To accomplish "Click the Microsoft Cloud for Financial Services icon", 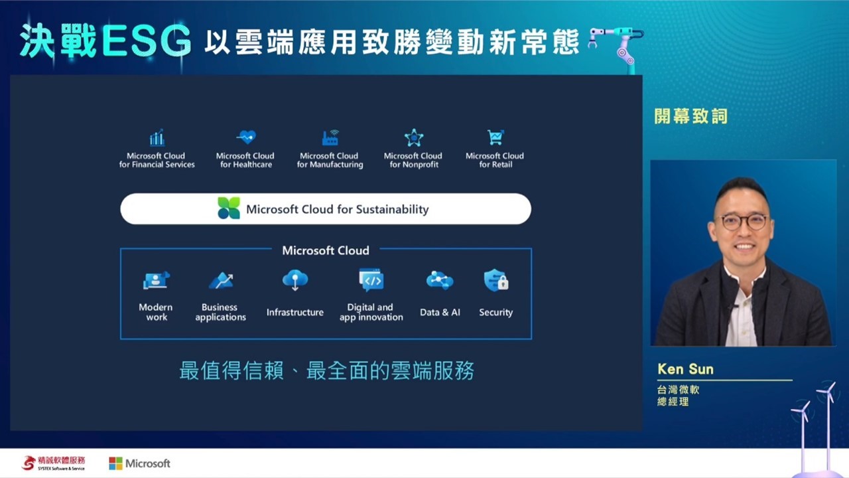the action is coord(157,137).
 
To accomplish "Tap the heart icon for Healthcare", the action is coord(246,137).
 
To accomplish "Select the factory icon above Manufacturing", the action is coord(330,137).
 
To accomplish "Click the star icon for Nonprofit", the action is coord(413,137).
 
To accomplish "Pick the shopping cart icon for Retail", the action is coord(495,137).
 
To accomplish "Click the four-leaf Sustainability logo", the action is coord(229,208).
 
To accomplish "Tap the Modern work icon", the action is coord(156,280).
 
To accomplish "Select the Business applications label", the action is coord(220,312).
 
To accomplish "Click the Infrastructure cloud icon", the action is coord(295,280).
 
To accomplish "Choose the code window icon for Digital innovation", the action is coord(371,280).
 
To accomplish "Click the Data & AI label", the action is coord(440,312).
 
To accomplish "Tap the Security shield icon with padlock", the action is coord(495,280).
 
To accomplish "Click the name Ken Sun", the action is coord(685,369).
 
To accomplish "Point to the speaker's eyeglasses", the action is coord(744,222).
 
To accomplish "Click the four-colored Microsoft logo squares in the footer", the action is coord(115,463).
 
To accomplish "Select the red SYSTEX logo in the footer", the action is coord(29,463).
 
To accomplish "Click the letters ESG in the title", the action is coord(147,41).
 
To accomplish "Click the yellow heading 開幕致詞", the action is coord(690,116).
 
